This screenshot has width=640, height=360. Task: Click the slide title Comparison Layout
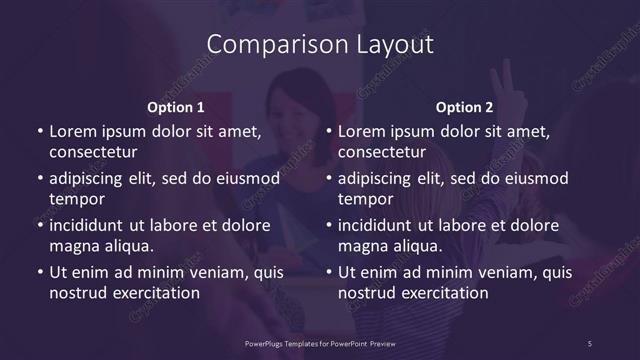320,45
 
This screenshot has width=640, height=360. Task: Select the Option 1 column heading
176,107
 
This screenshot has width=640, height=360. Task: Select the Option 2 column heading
465,107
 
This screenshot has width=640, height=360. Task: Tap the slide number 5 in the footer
591,343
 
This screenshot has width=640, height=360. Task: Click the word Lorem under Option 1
71,131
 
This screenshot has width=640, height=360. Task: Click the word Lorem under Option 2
360,131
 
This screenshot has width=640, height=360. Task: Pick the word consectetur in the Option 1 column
93,152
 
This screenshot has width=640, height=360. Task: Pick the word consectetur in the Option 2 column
382,152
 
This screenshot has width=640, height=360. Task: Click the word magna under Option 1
72,246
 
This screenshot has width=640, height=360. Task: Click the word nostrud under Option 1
77,293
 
